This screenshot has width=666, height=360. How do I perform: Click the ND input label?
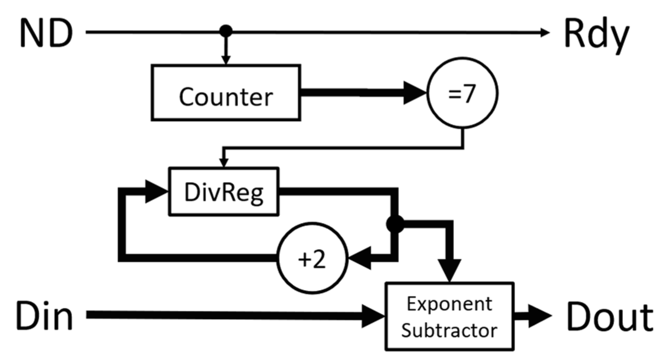click(46, 33)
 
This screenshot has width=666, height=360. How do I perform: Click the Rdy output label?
click(596, 35)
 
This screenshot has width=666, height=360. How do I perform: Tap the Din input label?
click(44, 316)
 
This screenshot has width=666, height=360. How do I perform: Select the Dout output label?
click(609, 317)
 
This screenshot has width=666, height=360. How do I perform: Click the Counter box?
click(226, 93)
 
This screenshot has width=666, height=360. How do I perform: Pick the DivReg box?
click(224, 192)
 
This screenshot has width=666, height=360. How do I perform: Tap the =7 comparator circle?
click(462, 93)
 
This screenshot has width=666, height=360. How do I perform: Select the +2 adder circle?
click(313, 258)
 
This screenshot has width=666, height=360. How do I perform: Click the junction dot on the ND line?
click(226, 31)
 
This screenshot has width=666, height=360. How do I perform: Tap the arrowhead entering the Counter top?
click(226, 60)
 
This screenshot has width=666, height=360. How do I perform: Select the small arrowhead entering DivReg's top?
click(224, 163)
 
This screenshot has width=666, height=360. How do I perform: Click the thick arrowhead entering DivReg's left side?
click(156, 192)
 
